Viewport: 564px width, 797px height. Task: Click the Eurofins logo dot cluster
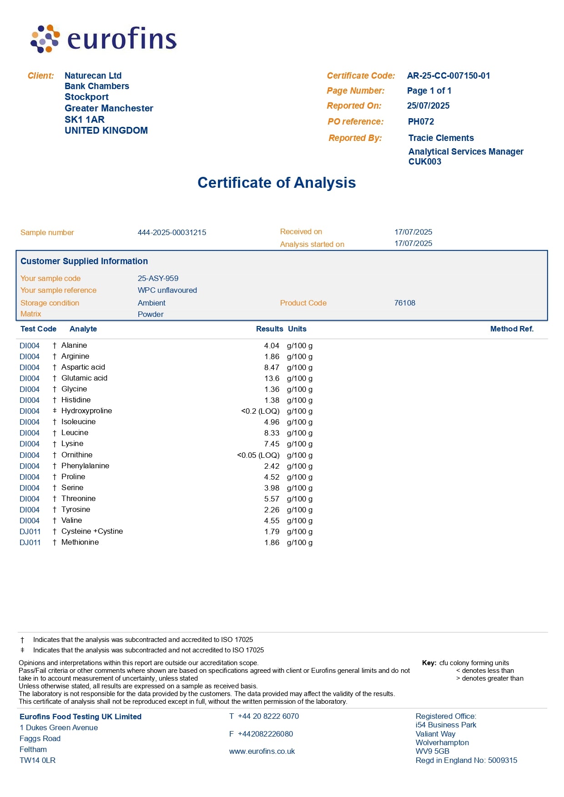point(45,39)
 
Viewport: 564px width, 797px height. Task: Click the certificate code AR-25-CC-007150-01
point(448,76)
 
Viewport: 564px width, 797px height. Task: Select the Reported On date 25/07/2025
point(428,106)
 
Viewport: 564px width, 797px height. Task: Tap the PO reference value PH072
point(421,122)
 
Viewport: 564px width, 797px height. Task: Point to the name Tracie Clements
point(441,138)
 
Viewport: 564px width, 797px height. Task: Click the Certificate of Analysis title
point(277,183)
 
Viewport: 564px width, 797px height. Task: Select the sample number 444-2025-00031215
point(172,233)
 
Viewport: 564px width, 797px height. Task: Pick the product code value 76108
point(404,303)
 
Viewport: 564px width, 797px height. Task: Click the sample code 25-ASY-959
point(158,279)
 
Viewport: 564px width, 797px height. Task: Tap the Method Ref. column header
point(512,329)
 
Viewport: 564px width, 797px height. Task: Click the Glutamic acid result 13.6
point(272,379)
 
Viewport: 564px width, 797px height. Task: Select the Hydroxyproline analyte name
point(86,411)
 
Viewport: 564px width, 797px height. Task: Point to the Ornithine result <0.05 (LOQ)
point(258,456)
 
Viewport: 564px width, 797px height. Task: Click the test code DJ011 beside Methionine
point(30,543)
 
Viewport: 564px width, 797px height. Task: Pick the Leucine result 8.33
point(272,433)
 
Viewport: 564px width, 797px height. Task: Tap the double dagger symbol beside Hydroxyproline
point(55,411)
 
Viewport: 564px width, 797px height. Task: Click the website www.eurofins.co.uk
point(262,752)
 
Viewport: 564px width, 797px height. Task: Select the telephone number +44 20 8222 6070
point(268,717)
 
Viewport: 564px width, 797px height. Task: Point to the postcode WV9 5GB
point(432,752)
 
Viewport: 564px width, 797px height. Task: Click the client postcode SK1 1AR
point(85,120)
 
